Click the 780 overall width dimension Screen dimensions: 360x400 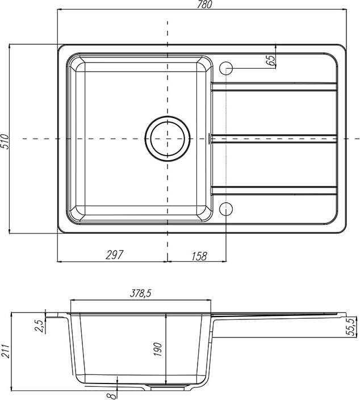coord(204,5)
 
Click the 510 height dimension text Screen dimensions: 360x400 coord(5,141)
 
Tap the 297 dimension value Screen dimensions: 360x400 coord(114,255)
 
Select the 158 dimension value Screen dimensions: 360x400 coord(199,256)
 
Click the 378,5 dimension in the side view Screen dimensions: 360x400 coord(140,293)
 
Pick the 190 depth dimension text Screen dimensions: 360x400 coord(158,349)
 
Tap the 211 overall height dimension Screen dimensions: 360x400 coord(6,351)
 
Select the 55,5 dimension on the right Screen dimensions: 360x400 coord(351,327)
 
